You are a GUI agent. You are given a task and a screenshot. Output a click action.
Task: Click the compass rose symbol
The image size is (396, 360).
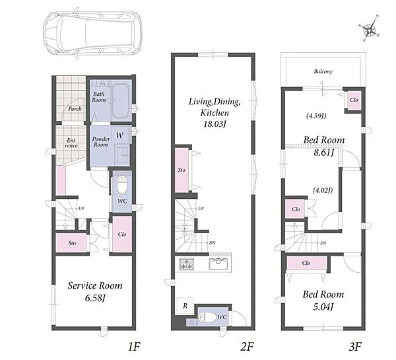(x=370, y=28)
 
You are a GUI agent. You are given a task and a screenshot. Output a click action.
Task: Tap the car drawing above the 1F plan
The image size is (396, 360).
(x=92, y=34)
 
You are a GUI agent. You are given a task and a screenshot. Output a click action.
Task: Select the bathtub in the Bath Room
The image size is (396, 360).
(x=121, y=101)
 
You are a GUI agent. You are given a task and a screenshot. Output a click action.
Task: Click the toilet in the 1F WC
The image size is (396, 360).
(x=122, y=184)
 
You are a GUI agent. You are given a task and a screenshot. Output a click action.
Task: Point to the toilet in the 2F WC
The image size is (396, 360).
(x=207, y=317)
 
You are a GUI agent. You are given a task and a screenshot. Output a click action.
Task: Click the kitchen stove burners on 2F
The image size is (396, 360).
(x=187, y=264)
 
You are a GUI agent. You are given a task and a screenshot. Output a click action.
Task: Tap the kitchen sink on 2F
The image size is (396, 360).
(x=218, y=264)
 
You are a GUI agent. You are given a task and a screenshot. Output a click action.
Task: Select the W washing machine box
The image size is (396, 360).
(x=120, y=135)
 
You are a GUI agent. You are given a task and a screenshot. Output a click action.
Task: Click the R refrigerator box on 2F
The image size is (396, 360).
(x=185, y=306)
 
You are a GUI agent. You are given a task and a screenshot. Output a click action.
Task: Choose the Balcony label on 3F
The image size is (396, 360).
(x=323, y=71)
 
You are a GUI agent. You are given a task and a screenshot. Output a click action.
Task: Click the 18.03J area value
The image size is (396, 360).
(x=214, y=124)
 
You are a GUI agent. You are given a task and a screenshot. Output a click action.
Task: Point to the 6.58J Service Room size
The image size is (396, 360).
(x=95, y=298)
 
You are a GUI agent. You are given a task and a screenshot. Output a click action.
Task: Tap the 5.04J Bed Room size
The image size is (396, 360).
(x=323, y=307)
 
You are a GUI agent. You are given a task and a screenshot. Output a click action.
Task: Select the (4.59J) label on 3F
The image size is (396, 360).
(x=316, y=116)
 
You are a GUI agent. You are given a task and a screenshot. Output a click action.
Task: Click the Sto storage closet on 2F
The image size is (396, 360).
(x=182, y=170)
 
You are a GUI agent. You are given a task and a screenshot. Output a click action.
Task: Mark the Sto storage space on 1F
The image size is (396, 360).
(x=71, y=243)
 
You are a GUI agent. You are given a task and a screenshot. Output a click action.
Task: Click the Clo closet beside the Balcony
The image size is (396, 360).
(x=354, y=100)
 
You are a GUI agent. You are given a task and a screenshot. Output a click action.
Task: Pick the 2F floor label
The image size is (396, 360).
(x=247, y=347)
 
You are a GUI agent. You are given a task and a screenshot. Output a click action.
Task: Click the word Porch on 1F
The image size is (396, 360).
(x=75, y=109)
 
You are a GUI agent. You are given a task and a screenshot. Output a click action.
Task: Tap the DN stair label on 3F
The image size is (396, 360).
(x=323, y=243)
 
